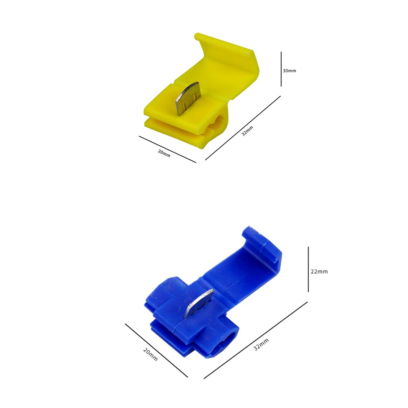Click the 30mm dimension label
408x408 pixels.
tap(289, 71)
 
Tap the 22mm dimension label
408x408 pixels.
tap(319, 271)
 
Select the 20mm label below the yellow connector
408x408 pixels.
tap(164, 153)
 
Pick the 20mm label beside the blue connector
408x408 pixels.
tap(151, 355)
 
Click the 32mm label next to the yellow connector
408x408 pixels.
tap(247, 131)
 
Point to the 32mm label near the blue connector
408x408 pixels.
tap(261, 344)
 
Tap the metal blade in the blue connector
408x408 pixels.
tap(199, 304)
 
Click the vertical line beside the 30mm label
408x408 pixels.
tap(281, 69)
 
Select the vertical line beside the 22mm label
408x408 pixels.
tap(308, 269)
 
